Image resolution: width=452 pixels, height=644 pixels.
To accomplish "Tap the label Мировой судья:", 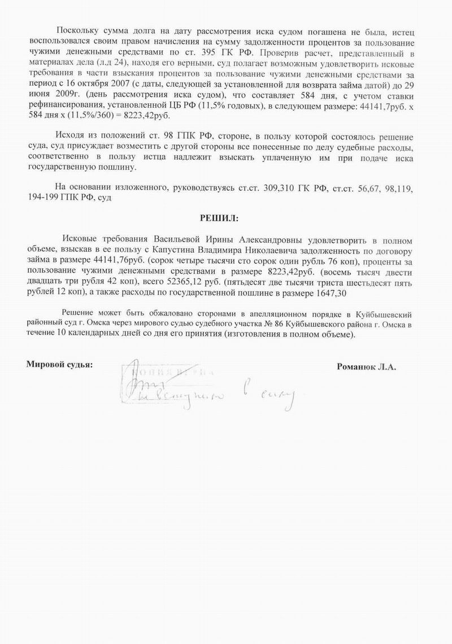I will [60, 363].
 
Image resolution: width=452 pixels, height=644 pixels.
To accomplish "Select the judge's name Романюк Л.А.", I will [367, 366].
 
